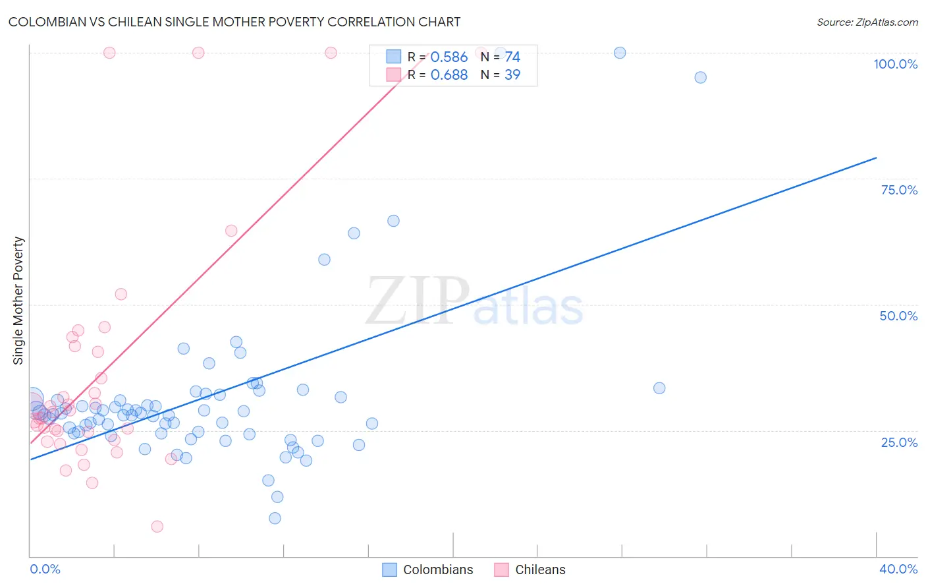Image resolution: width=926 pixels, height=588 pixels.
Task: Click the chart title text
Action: click(234, 22)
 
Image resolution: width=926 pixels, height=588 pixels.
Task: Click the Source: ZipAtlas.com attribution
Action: click(867, 22)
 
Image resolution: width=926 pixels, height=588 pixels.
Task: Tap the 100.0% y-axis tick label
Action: click(895, 64)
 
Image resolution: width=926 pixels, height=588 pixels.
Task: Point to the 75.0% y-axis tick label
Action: click(899, 190)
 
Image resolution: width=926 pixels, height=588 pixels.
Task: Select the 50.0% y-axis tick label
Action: click(898, 316)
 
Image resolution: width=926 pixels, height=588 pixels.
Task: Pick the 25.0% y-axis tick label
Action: click(899, 442)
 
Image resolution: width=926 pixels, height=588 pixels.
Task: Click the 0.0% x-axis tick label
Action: click(45, 569)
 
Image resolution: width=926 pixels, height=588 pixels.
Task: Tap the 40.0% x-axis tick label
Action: click(898, 569)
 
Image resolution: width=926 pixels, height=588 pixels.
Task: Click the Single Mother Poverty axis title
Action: click(18, 301)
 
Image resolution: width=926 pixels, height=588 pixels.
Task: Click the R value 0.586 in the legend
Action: click(449, 57)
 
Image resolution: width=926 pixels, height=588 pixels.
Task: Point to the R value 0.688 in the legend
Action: click(449, 75)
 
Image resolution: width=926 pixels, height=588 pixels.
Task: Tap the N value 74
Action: click(512, 57)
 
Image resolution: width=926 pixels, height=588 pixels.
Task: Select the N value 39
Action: click(512, 75)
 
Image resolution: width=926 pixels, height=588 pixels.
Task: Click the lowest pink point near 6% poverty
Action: click(157, 526)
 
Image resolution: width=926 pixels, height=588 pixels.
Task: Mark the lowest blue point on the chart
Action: click(275, 518)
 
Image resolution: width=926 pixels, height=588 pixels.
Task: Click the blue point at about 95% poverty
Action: click(700, 78)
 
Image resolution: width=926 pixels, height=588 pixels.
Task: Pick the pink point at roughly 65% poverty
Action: click(231, 231)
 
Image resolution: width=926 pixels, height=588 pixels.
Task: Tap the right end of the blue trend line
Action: click(876, 158)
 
